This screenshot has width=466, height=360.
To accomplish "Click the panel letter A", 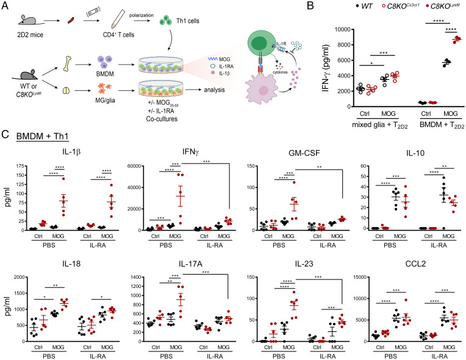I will [5, 5].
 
